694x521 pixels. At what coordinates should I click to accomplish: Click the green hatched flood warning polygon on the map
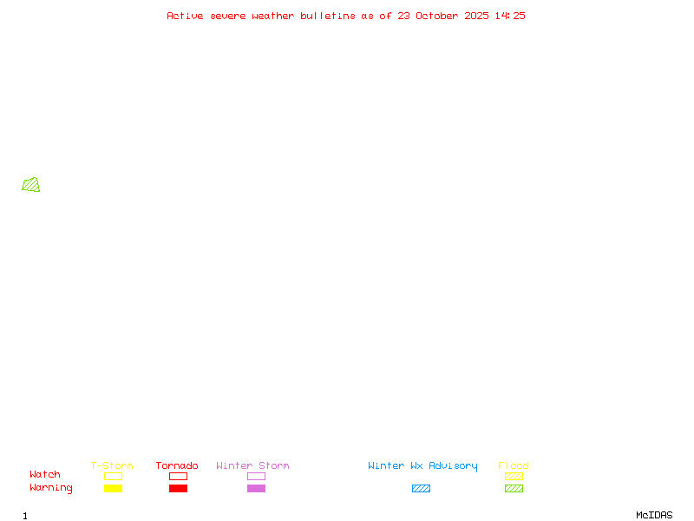point(31,185)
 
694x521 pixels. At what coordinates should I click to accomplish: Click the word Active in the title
point(185,16)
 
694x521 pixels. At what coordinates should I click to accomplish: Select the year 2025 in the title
point(476,16)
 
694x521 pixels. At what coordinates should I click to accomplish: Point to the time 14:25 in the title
point(510,16)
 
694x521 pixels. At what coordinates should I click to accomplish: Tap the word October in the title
point(437,16)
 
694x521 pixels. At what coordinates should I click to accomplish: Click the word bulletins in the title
point(328,16)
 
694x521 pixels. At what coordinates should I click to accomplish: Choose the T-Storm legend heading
point(112,465)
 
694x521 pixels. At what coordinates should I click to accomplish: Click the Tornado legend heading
point(177,465)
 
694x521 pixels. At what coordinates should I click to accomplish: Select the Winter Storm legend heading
point(252,465)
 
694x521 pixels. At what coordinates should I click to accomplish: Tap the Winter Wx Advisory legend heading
point(422,466)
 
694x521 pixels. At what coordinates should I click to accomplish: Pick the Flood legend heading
point(514,465)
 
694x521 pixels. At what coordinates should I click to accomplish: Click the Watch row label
point(45,474)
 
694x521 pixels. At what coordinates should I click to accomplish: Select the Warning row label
point(51,488)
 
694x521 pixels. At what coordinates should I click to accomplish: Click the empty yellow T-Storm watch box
point(114,476)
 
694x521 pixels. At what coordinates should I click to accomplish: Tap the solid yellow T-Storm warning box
point(114,488)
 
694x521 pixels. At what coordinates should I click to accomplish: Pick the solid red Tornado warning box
point(179,488)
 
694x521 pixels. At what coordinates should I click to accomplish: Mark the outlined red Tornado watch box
point(179,476)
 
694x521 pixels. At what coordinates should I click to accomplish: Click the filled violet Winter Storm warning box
point(256,488)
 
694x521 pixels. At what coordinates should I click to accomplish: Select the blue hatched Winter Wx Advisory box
point(421,488)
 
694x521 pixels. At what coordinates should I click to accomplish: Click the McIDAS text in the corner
point(654,515)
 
